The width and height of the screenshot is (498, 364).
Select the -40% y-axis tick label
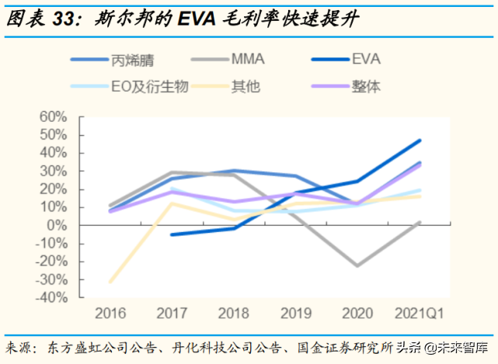[50, 297]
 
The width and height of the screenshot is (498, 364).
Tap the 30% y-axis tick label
[54, 171]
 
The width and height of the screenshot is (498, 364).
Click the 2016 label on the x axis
[110, 314]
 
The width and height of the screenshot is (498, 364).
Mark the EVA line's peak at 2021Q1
[420, 140]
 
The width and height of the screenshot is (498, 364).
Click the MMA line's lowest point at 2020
[358, 265]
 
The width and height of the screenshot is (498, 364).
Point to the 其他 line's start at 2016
[110, 282]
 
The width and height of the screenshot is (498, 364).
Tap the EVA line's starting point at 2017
[172, 234]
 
